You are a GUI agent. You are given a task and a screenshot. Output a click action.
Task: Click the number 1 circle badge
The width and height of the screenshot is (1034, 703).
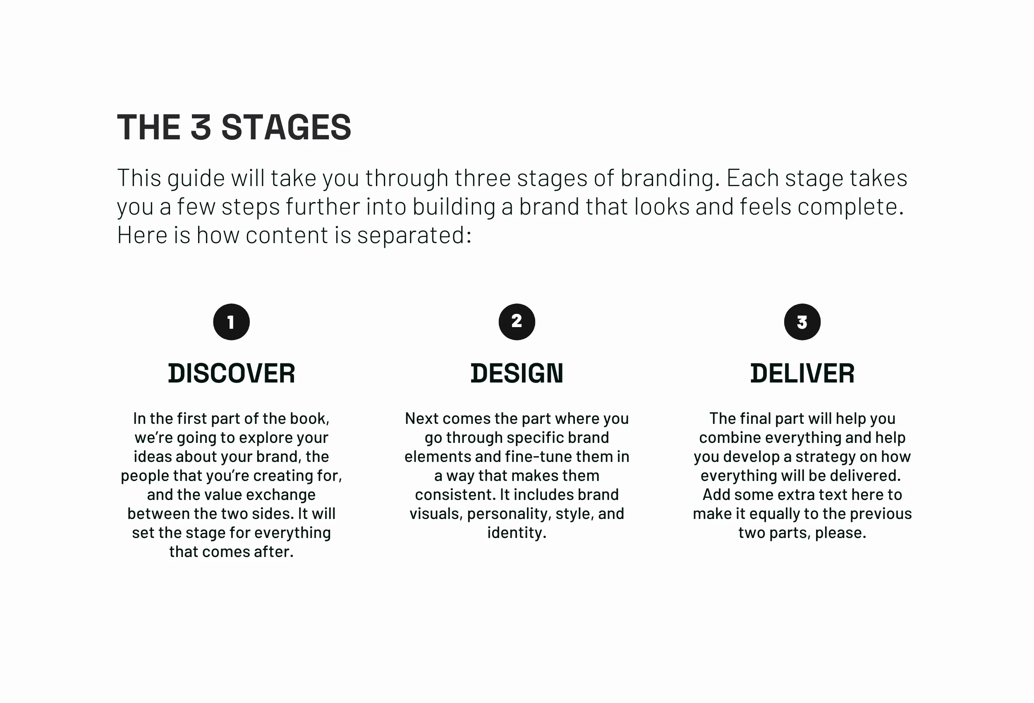231,322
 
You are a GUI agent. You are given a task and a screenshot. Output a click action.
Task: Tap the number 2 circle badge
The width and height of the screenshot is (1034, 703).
517,322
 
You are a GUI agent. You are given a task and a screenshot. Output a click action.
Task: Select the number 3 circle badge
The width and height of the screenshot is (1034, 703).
802,322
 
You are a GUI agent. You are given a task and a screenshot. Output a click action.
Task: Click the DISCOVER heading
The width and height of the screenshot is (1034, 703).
231,373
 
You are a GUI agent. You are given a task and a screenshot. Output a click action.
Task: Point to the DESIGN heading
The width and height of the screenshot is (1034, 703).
517,373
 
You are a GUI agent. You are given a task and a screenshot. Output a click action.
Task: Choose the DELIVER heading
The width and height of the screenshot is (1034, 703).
802,373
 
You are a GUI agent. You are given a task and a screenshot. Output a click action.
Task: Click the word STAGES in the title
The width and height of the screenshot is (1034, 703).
286,127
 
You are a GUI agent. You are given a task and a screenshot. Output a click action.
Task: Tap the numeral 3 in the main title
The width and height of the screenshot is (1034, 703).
201,127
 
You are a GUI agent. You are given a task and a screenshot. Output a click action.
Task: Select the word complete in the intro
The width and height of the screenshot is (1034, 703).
850,206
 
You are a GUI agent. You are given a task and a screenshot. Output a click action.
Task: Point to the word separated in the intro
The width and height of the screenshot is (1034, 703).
414,235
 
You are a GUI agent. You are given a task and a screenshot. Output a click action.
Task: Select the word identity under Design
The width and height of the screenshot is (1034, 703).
517,533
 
